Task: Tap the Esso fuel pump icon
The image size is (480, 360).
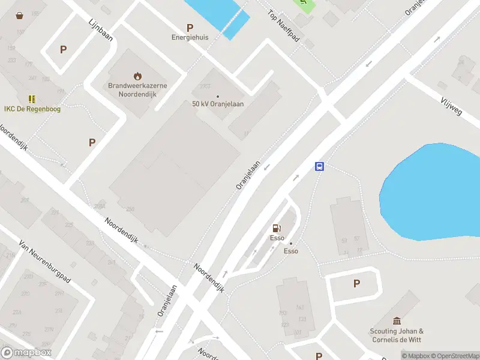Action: (x=277, y=228)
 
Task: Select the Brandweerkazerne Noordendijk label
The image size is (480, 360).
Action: (x=137, y=89)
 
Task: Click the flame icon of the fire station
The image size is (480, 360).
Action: (x=138, y=76)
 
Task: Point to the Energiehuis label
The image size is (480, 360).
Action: (x=190, y=37)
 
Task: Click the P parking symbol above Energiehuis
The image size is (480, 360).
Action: (x=190, y=28)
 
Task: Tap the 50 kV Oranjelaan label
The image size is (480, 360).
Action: (x=218, y=104)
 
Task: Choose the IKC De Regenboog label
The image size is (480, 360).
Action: (x=32, y=109)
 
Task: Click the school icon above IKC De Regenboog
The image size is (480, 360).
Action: (x=32, y=99)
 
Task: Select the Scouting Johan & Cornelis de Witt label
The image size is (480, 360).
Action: (x=396, y=335)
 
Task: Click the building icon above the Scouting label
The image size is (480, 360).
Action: (x=396, y=321)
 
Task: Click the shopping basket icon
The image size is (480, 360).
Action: (x=20, y=15)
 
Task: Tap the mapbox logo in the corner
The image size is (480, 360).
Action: (x=26, y=353)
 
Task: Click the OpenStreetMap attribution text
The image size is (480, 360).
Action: (x=454, y=356)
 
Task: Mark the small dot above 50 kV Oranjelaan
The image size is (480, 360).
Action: (x=217, y=96)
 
